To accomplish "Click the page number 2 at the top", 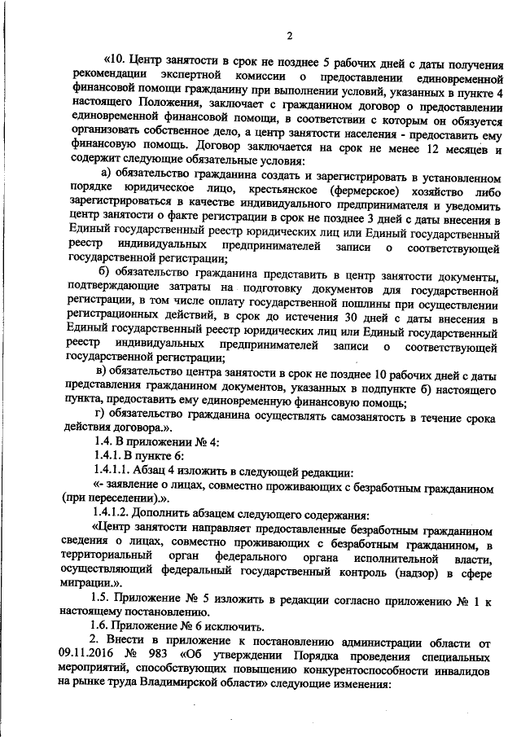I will tap(290, 34).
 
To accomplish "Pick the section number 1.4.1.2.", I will tap(116, 516).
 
